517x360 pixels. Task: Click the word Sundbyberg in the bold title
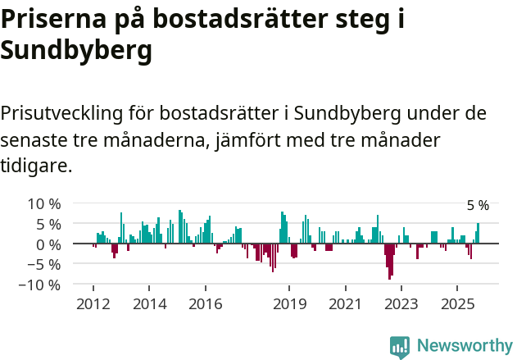(x=76, y=51)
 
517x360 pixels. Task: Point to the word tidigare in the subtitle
(x=34, y=166)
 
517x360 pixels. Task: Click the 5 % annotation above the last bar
(x=478, y=206)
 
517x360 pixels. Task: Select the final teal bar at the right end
(x=478, y=234)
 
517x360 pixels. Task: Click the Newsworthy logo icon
(x=400, y=346)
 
